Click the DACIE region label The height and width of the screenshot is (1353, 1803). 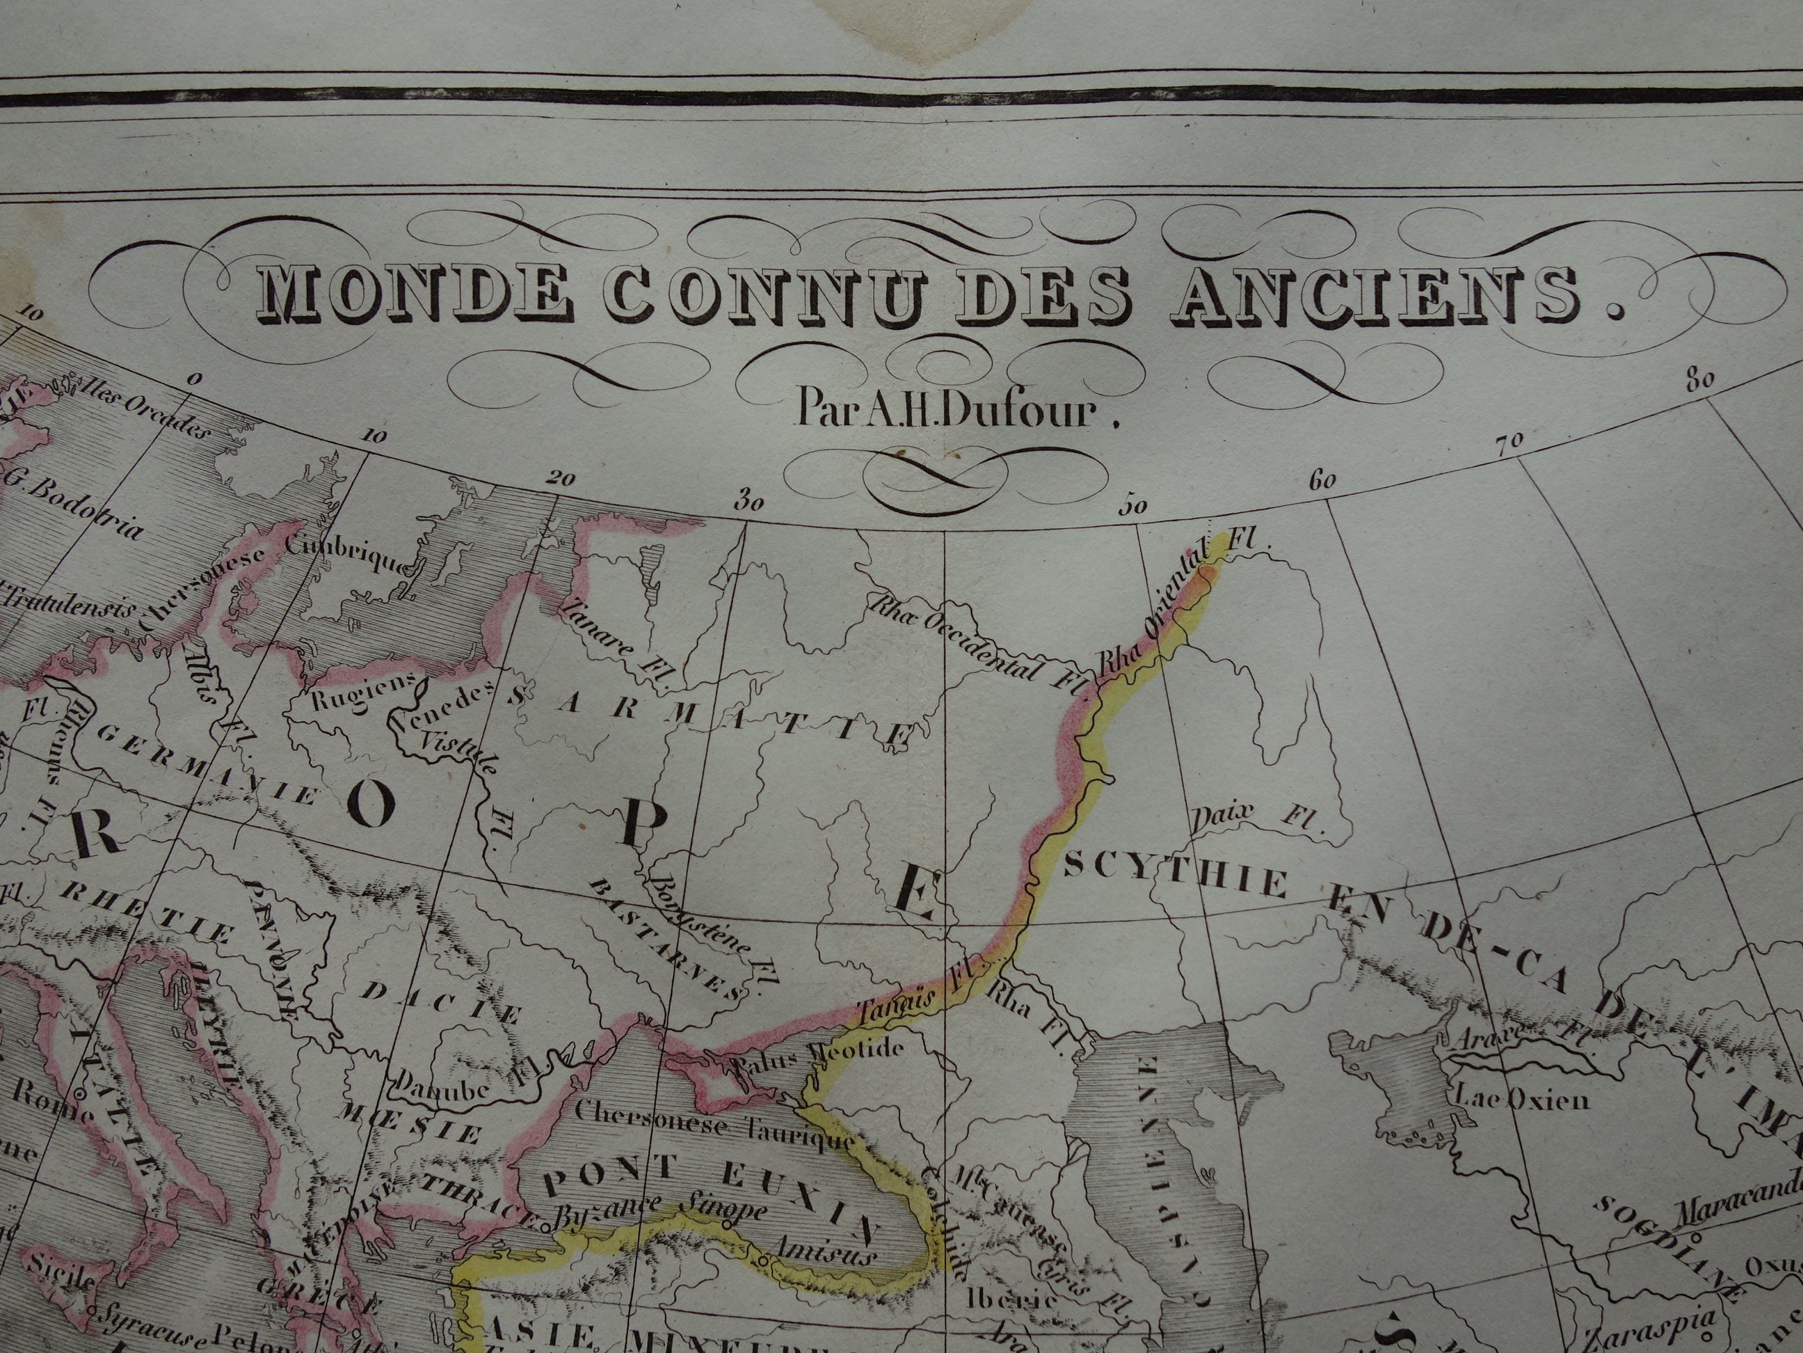click(x=441, y=1003)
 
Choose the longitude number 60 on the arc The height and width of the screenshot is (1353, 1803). click(x=1323, y=480)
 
